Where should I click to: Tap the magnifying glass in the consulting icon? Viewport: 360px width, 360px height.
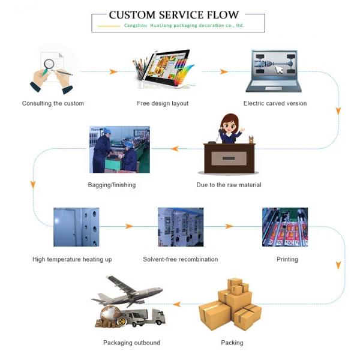tap(49, 63)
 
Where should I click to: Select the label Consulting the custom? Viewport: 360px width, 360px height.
tap(53, 103)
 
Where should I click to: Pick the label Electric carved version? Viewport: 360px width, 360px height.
tap(275, 103)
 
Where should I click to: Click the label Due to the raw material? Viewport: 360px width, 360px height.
tap(229, 185)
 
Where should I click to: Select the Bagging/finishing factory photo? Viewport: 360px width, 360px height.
tap(119, 149)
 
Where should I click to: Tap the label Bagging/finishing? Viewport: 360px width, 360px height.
tap(112, 185)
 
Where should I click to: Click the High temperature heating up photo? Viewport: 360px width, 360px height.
tap(76, 227)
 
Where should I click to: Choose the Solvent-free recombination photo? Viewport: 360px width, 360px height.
tap(180, 227)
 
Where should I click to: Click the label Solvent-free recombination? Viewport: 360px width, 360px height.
tap(180, 259)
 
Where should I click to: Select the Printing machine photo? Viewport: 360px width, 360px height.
tap(285, 227)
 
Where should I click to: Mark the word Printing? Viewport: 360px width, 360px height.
tap(287, 259)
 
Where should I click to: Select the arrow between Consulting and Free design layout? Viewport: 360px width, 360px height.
tap(113, 71)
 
